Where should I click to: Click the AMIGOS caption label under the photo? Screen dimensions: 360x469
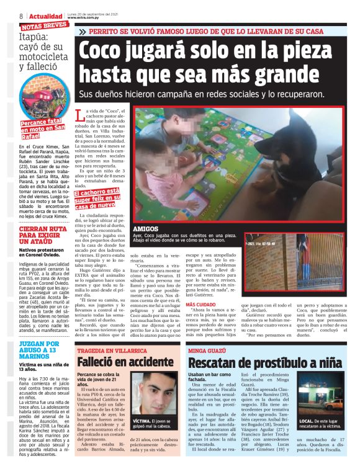pyautogui.click(x=145, y=229)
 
